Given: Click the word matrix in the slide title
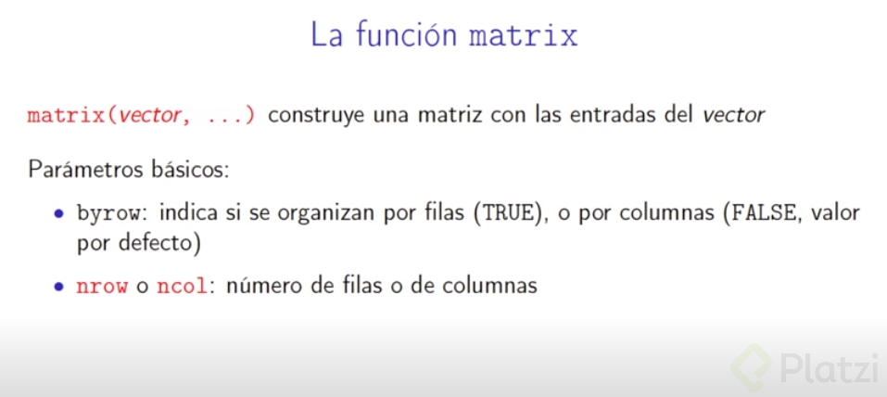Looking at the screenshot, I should pyautogui.click(x=524, y=37).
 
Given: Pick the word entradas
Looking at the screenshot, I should pyautogui.click(x=613, y=116).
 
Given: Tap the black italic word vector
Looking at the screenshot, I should pyautogui.click(x=734, y=116).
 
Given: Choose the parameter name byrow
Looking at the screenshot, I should pyautogui.click(x=109, y=213).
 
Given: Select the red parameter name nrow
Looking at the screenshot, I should pyautogui.click(x=103, y=287).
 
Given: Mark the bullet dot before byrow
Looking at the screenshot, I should pyautogui.click(x=58, y=214).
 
